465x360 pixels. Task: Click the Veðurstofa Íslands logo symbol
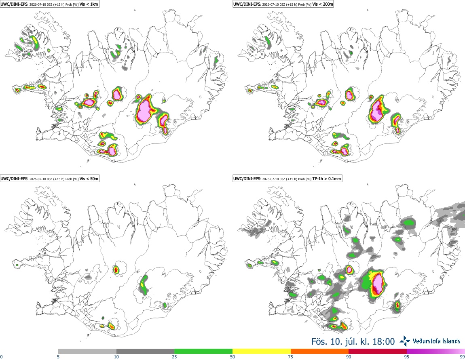pyautogui.click(x=405, y=341)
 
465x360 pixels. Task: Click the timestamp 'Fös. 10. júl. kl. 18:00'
pyautogui.click(x=353, y=341)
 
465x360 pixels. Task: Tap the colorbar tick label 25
pyautogui.click(x=174, y=357)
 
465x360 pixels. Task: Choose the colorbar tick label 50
pyautogui.click(x=232, y=357)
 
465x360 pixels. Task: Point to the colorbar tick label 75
pyautogui.click(x=291, y=357)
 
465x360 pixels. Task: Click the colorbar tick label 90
pyautogui.click(x=349, y=357)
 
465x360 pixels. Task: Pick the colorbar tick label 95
pyautogui.click(x=407, y=357)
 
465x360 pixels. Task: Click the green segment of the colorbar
pyautogui.click(x=203, y=352)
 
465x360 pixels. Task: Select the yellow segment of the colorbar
pyautogui.click(x=262, y=352)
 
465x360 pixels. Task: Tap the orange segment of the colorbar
pyautogui.click(x=320, y=352)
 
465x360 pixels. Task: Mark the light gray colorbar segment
pyautogui.click(x=87, y=352)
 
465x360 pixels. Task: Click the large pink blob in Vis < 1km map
pyautogui.click(x=144, y=110)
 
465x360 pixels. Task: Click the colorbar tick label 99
pyautogui.click(x=462, y=357)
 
